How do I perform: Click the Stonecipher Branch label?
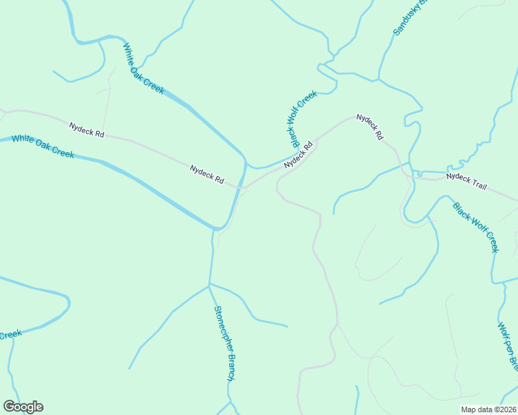click(225, 344)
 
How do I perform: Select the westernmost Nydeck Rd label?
click(87, 129)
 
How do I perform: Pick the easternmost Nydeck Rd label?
click(370, 128)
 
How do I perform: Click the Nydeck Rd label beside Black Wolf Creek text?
click(298, 154)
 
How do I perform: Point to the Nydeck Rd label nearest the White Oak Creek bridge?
click(207, 174)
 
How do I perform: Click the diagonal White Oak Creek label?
click(143, 69)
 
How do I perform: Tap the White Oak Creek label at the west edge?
click(43, 146)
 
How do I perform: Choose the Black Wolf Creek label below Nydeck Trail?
click(475, 227)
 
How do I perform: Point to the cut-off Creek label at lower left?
click(10, 335)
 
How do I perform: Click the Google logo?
click(23, 407)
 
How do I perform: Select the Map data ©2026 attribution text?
click(489, 409)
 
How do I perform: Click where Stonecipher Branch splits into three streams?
click(209, 284)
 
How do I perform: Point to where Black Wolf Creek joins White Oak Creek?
click(247, 164)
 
